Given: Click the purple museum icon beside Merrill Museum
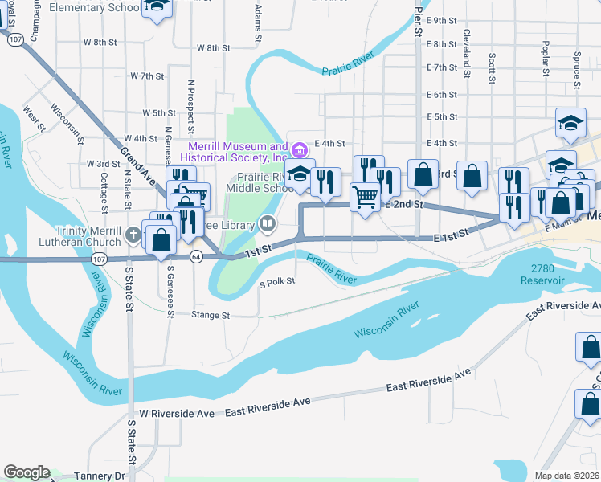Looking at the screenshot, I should (x=300, y=150).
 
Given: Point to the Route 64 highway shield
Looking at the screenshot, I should (x=196, y=256).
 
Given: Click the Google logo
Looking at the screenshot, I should (x=27, y=472).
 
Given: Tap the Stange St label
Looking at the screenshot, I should (x=211, y=316).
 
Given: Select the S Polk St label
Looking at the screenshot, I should (x=277, y=282).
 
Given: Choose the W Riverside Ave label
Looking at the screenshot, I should (x=177, y=413).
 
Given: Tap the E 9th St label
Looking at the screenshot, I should (x=442, y=20).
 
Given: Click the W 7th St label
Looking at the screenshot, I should (x=147, y=76).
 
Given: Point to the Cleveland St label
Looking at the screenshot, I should (x=466, y=48).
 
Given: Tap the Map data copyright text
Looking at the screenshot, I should (x=566, y=476).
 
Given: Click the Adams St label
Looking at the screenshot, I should (x=258, y=22).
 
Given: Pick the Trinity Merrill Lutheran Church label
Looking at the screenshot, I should (x=87, y=236).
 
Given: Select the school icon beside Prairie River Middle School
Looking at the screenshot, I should (x=300, y=174).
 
